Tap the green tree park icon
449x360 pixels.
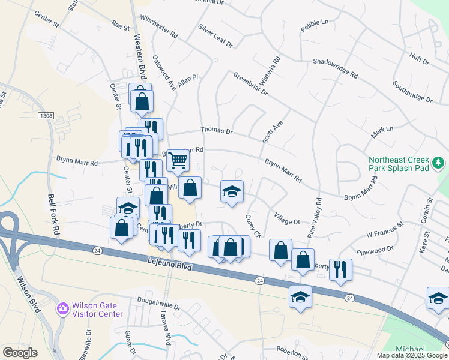point(438,162)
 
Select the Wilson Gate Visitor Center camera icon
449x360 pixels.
point(62,309)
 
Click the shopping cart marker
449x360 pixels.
point(178,160)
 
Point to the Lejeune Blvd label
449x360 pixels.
point(169,265)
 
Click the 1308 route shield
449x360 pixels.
point(44,115)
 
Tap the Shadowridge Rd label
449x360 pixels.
point(335,68)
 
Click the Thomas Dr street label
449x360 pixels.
point(215,130)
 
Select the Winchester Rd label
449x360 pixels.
point(158,28)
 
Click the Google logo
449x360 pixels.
point(20,353)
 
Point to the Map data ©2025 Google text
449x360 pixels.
point(411,355)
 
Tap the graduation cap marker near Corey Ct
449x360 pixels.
point(232,191)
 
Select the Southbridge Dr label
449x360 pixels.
point(412,90)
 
